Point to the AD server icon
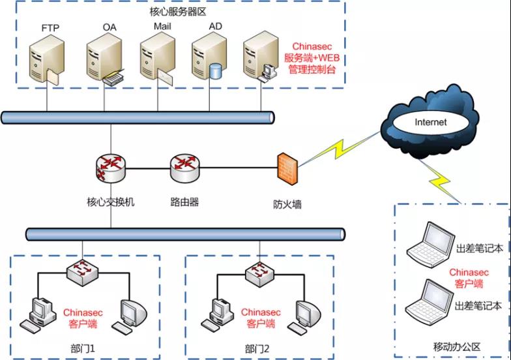209,59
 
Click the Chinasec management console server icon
259,59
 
